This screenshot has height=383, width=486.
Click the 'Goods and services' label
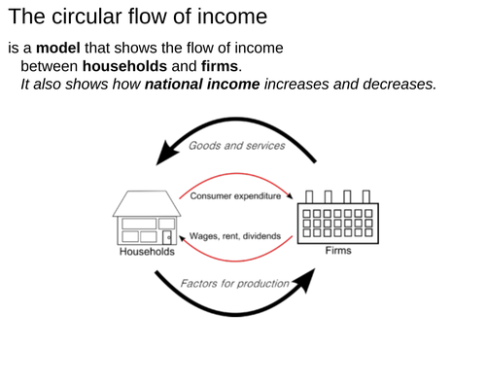[237, 145]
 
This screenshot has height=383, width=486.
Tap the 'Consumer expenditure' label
[235, 196]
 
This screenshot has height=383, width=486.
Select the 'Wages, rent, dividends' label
[235, 235]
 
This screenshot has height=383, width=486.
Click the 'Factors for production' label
[234, 283]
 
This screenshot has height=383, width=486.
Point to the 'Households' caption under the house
[147, 252]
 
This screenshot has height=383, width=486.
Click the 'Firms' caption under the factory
[339, 251]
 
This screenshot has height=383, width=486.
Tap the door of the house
[168, 237]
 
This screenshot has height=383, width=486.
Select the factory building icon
[339, 219]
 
